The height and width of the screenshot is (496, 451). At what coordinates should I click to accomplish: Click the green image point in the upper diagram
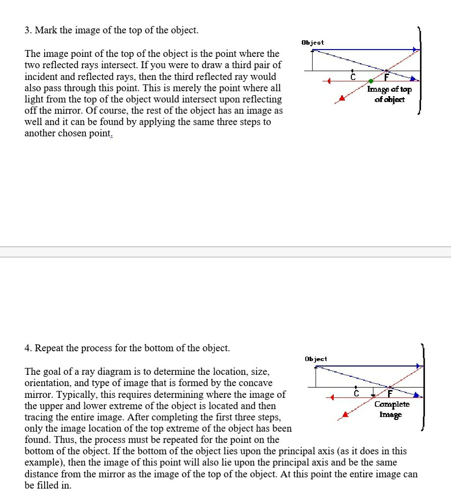point(371,80)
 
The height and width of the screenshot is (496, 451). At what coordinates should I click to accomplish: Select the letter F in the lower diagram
point(391,393)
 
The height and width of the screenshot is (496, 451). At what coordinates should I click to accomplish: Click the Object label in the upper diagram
point(313,43)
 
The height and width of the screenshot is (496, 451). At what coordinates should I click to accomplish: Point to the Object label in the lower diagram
point(316,359)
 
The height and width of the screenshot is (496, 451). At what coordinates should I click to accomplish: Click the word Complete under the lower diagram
point(392,404)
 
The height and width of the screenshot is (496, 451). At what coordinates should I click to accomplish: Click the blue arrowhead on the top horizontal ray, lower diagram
point(419,366)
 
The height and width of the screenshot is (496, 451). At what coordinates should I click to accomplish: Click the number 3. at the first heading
point(28,30)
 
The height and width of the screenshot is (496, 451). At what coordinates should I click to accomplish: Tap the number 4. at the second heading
point(28,348)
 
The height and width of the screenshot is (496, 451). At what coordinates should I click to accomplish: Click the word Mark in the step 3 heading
point(45,30)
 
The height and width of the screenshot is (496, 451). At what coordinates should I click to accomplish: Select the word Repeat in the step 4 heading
point(49,348)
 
